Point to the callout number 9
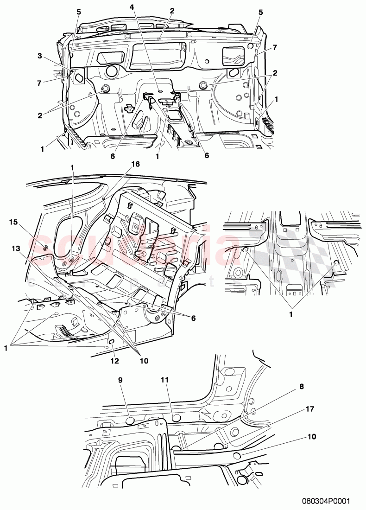120,379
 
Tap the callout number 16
135,164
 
